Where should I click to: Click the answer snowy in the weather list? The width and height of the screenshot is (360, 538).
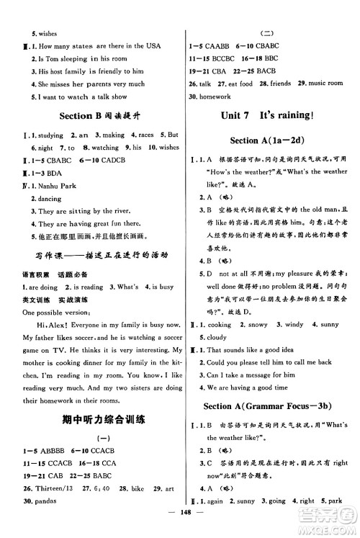(256, 325)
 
